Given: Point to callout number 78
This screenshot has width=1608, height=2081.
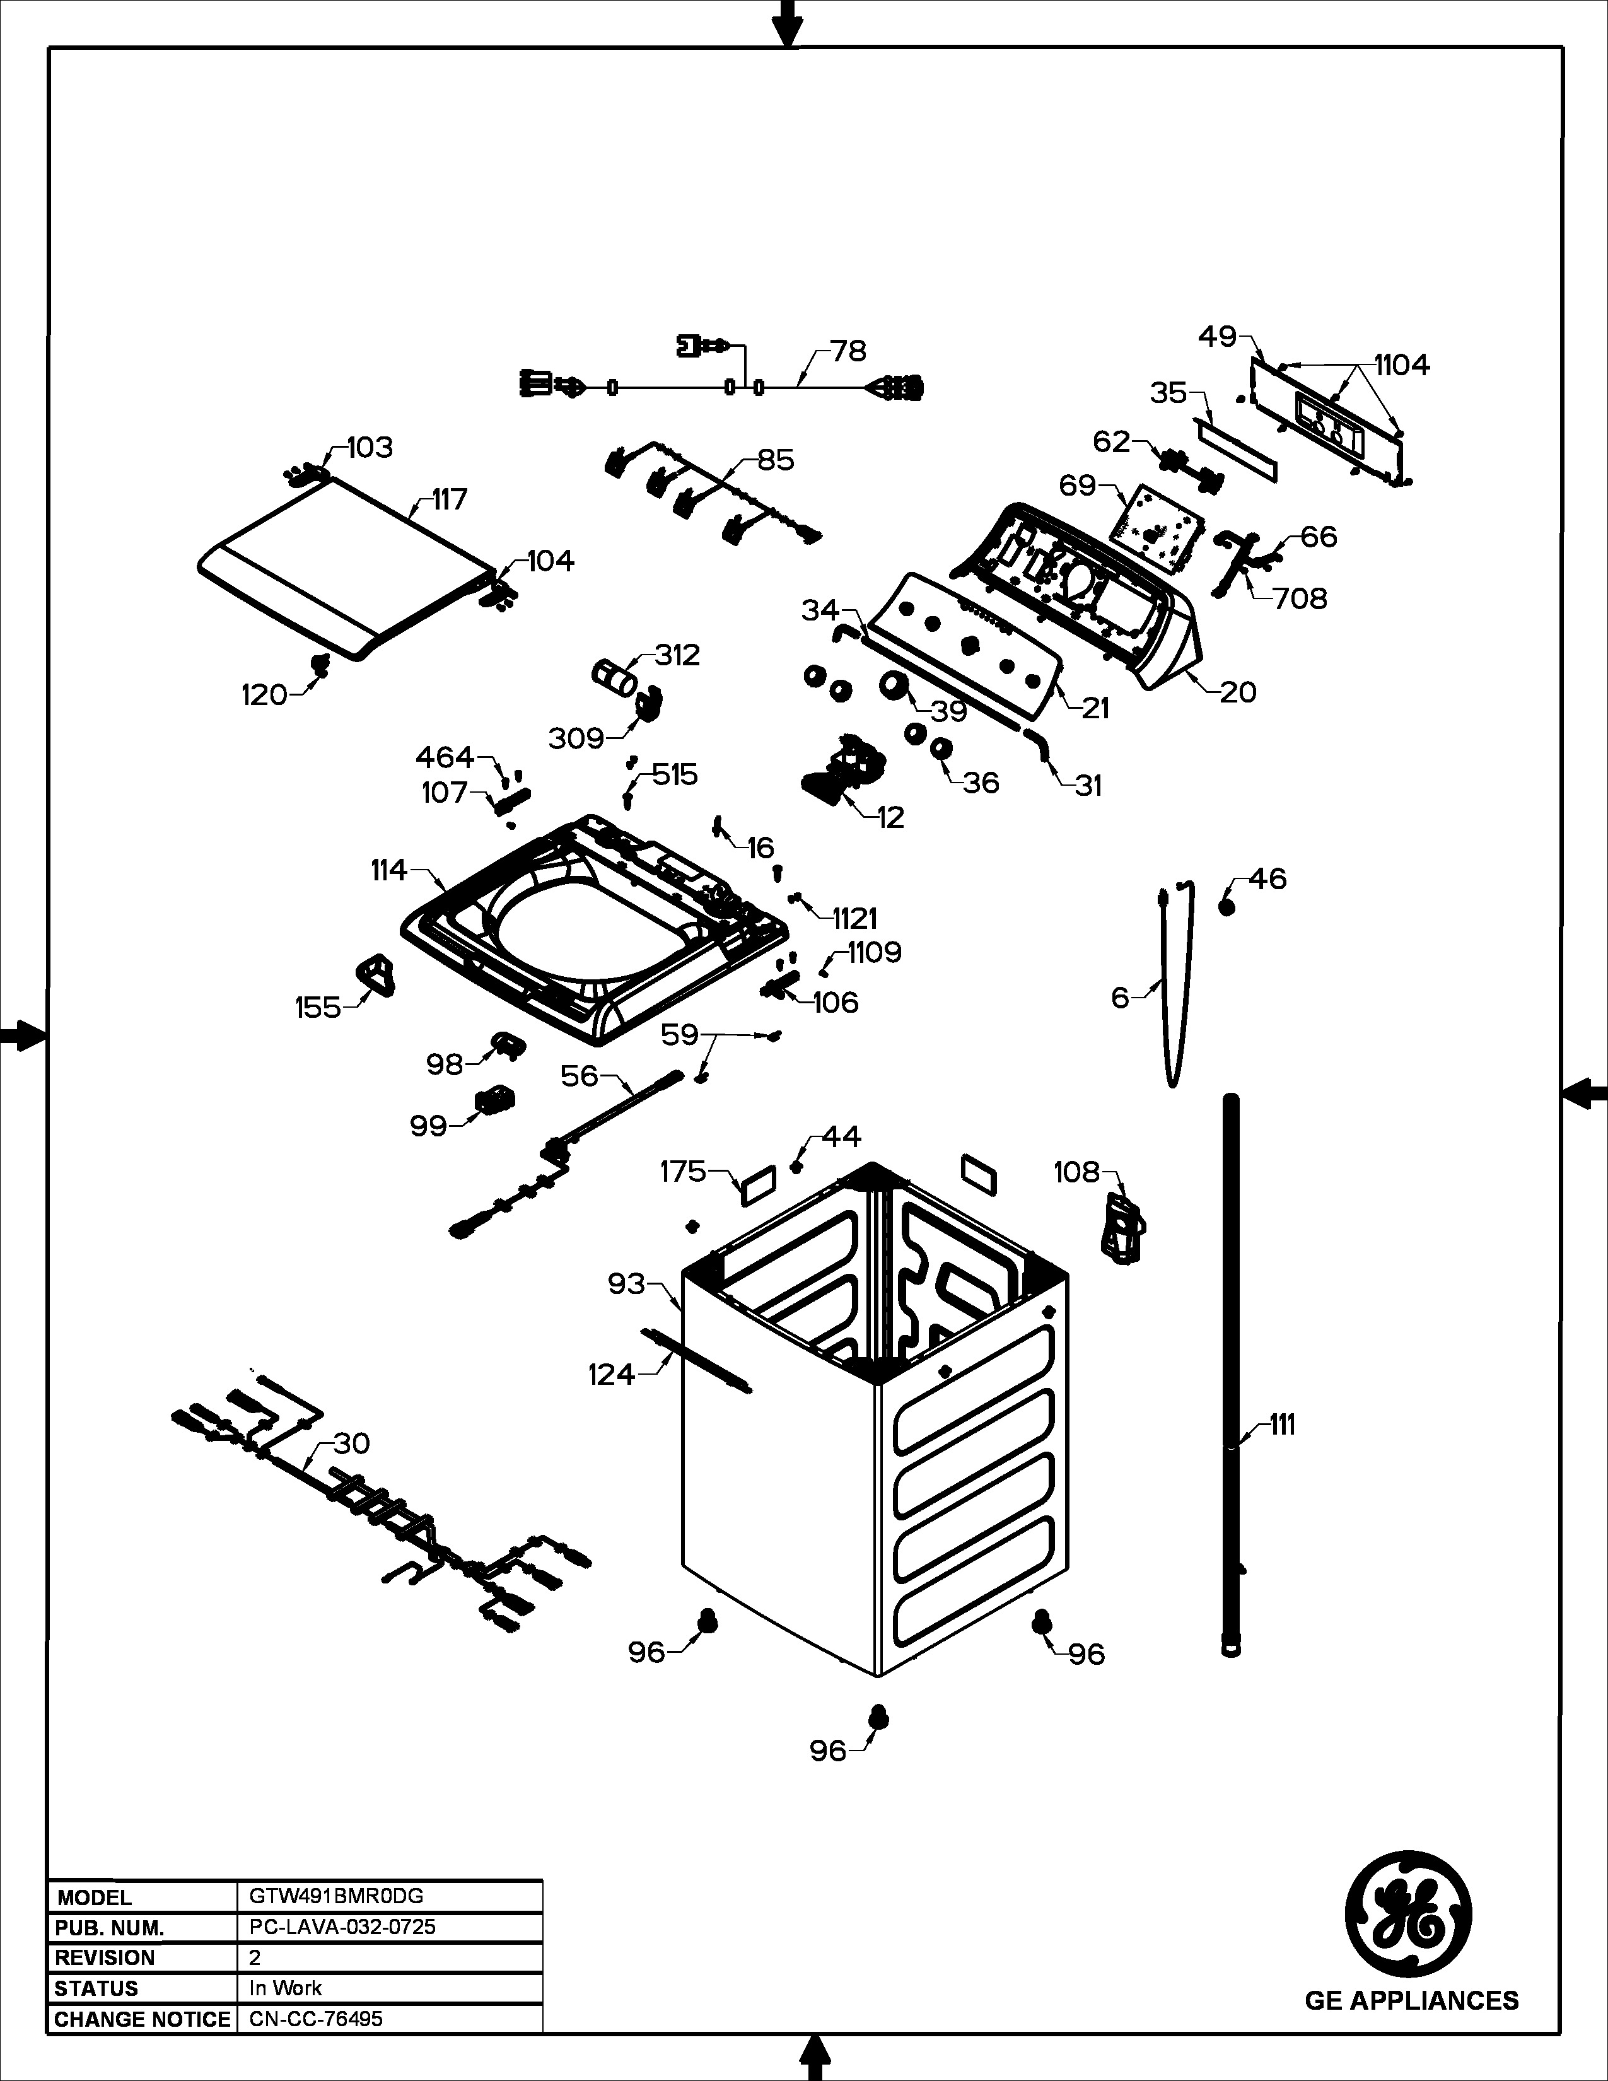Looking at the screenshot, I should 848,352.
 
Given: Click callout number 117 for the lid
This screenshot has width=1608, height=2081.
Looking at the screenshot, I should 449,499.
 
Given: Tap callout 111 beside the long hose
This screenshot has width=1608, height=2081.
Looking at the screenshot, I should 1282,1425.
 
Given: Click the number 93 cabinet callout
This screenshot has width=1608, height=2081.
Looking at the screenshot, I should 627,1285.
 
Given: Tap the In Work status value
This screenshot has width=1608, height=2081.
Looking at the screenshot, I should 286,1988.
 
